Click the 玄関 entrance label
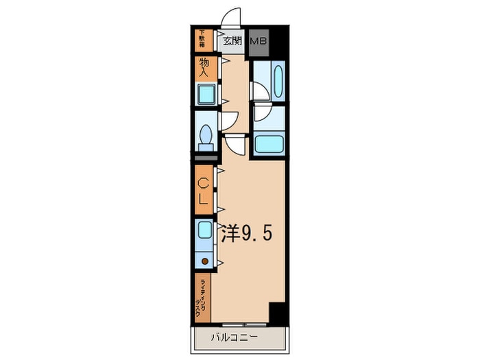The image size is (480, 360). (232, 41)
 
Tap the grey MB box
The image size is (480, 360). (259, 41)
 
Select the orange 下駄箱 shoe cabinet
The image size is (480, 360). (203, 41)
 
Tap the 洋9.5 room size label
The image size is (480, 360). (246, 235)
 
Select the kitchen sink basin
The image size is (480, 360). (205, 230)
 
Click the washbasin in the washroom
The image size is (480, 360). (278, 81)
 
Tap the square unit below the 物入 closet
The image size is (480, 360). (205, 94)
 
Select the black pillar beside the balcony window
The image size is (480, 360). (277, 313)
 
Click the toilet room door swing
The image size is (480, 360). (228, 121)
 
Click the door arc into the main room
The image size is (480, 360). (235, 143)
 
